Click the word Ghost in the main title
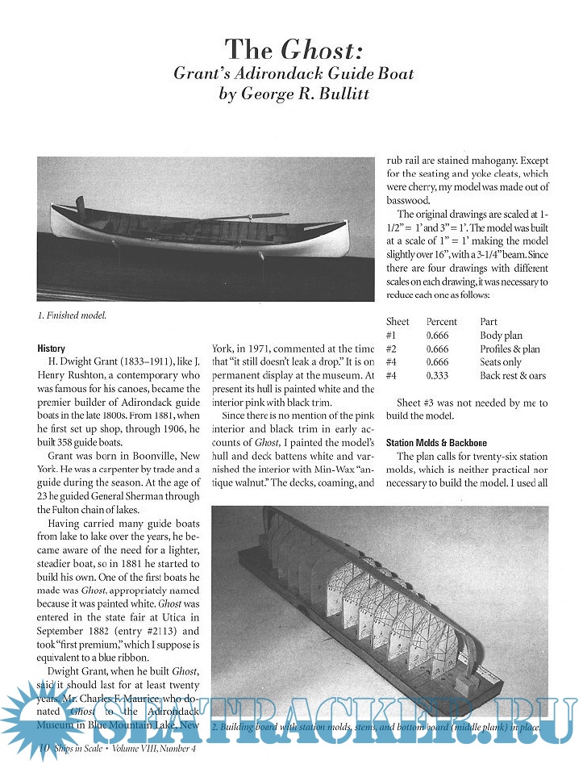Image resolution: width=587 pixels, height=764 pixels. click(x=318, y=51)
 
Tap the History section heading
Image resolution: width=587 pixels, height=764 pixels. click(x=52, y=349)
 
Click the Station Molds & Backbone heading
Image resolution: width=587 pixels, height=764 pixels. click(x=436, y=443)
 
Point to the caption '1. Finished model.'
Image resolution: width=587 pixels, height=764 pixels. click(x=72, y=315)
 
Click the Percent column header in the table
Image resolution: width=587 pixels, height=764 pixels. click(x=441, y=322)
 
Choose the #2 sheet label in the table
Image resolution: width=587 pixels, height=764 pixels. click(x=391, y=349)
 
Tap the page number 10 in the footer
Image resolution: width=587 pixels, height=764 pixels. click(x=44, y=750)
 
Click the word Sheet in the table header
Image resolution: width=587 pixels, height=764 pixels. click(x=397, y=322)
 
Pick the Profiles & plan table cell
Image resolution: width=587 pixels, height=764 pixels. click(x=510, y=349)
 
